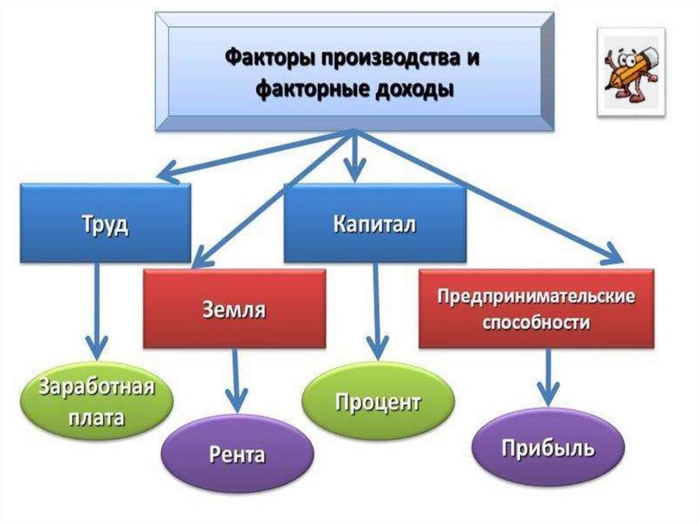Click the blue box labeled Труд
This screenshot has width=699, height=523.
click(105, 223)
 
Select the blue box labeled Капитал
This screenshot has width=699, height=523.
click(375, 223)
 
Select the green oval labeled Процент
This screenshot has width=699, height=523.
click(377, 402)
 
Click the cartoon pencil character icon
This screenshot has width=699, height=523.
click(630, 72)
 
